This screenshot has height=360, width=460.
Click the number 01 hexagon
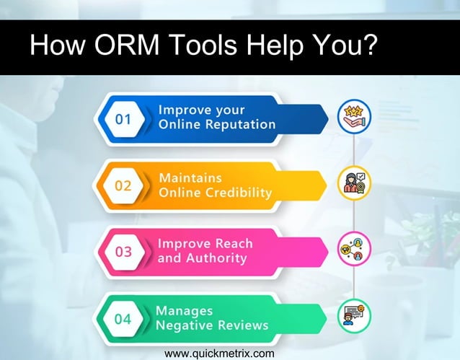coord(125,118)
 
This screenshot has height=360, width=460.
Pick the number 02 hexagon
coord(125,185)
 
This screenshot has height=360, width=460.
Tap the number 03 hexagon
coord(125,251)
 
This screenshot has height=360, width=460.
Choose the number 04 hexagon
coord(125,317)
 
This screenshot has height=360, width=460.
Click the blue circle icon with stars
coord(354,117)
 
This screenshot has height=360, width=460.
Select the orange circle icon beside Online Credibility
coord(354,184)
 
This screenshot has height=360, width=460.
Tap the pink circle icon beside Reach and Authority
coord(354,250)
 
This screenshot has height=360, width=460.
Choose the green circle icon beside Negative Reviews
coord(354,317)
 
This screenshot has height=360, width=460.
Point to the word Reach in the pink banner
coord(226,244)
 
